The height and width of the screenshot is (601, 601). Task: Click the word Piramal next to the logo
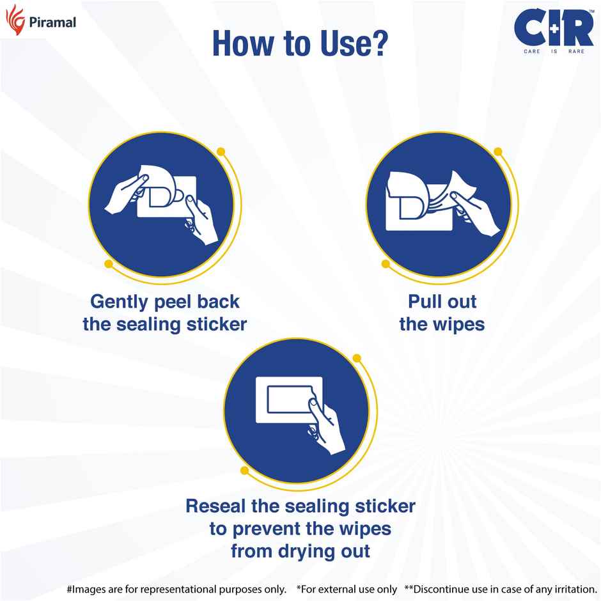(x=52, y=23)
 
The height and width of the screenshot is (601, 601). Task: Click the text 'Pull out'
(x=442, y=301)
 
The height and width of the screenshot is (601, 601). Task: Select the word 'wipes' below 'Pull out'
(x=458, y=324)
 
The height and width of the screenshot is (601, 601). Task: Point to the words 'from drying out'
(x=300, y=550)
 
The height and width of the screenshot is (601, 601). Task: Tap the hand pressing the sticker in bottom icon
(x=326, y=428)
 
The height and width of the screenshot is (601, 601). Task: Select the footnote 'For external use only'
(x=347, y=588)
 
